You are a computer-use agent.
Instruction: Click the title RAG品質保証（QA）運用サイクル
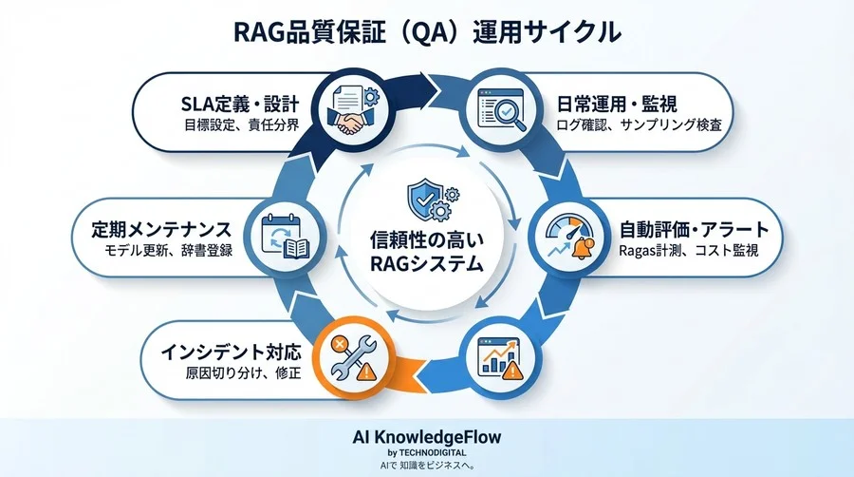click(x=426, y=31)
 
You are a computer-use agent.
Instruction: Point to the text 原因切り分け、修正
click(x=243, y=372)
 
